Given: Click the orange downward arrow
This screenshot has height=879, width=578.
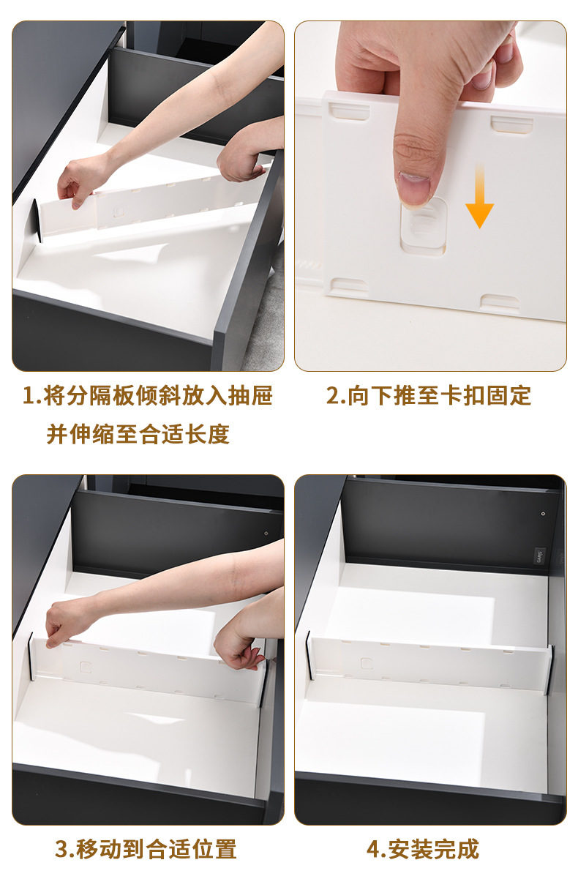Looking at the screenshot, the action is point(479,195).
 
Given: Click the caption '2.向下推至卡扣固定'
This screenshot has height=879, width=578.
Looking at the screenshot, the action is point(429,395).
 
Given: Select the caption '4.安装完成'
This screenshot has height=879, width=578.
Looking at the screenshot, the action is point(423,850).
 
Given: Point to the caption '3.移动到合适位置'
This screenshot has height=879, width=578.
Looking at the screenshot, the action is point(146,850).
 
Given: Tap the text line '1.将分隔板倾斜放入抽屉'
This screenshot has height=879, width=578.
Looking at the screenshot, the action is point(148,395).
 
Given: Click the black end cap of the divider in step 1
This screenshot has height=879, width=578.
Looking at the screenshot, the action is point(37,220).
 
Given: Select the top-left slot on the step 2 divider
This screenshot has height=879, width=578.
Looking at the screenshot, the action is point(349,111).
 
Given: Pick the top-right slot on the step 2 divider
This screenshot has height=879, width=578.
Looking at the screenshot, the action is point(511,124).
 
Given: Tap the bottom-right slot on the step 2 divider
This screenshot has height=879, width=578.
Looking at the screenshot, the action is point(500,302).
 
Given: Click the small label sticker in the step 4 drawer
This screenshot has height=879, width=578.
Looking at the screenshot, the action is point(539,556).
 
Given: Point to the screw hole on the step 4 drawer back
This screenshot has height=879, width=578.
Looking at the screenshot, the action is point(543,514).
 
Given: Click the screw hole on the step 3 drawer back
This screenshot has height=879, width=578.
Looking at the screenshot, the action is point(266,534).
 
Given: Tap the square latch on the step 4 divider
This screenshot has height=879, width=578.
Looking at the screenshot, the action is point(367,663).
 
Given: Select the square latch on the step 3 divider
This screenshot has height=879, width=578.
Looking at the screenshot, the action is point(86,667).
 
